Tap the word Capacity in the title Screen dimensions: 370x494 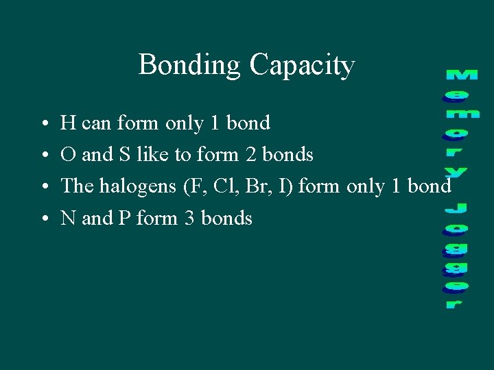[x=302, y=66]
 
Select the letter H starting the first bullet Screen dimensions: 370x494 [x=67, y=123]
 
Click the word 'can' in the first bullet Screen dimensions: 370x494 [x=96, y=124]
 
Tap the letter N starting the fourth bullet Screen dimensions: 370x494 [x=67, y=219]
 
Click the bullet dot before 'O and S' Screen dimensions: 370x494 [x=43, y=156]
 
